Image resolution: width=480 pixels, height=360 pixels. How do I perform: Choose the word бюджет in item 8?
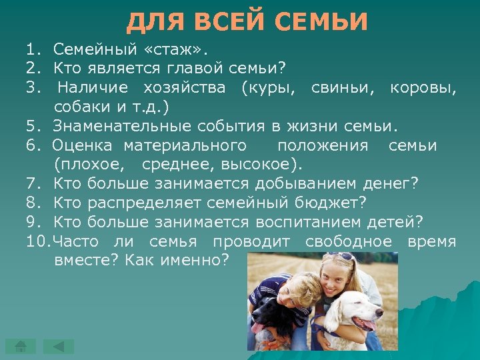334,203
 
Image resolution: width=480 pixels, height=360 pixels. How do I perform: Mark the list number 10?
38,241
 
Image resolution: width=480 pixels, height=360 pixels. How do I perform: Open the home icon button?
21,345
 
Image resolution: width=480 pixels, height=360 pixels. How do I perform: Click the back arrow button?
59,345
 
